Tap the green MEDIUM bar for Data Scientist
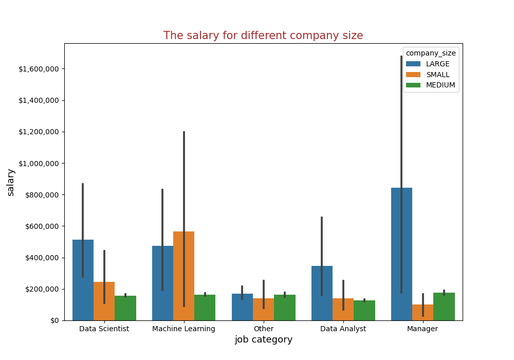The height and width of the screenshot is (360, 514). coord(125,308)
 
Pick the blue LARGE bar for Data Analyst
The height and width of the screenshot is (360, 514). coord(322,293)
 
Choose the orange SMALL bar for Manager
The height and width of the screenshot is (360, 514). coord(423,313)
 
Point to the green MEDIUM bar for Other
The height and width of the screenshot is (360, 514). coord(285,308)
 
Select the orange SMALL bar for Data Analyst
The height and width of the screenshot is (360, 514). coord(343,309)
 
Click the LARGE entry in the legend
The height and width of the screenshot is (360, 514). coord(437,64)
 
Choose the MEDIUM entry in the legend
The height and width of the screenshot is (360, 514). coord(440,85)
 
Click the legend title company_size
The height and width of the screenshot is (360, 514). coord(431,53)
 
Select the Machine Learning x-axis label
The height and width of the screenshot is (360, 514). coord(183,329)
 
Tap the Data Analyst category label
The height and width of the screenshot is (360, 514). coord(343,329)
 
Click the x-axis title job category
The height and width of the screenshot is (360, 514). coord(263,340)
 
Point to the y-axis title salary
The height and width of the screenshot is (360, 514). coord(11,182)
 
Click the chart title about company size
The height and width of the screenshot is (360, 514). coord(263,35)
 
